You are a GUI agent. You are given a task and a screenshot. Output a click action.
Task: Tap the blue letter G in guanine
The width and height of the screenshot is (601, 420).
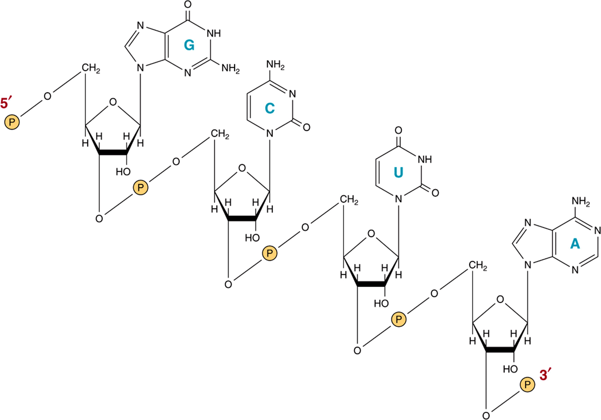189,45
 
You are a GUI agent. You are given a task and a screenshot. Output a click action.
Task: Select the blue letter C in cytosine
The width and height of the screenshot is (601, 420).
270,109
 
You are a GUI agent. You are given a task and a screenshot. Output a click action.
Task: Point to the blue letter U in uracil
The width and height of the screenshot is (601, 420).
398,172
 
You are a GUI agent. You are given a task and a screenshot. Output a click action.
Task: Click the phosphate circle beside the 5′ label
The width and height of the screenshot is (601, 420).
12,122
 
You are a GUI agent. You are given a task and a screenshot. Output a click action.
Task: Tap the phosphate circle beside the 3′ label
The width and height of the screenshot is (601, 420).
527,385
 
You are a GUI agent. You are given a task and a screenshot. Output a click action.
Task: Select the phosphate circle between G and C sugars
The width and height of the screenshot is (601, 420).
141,187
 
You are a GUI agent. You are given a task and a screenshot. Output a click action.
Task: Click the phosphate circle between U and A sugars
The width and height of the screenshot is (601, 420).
399,319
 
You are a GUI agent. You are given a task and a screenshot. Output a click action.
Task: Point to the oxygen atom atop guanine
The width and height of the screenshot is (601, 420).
188,4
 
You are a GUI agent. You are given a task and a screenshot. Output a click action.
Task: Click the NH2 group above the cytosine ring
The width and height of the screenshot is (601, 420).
275,65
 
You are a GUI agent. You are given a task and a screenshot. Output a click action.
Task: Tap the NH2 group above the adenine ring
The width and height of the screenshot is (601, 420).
581,201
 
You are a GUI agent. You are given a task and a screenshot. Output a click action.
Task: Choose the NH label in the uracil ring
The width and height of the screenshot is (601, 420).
425,160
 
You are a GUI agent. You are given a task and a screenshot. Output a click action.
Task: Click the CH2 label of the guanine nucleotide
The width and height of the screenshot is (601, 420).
91,68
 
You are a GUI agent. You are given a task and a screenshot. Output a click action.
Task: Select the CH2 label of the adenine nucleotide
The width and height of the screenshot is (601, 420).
478,266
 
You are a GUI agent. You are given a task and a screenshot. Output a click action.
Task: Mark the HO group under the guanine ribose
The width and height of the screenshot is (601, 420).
123,172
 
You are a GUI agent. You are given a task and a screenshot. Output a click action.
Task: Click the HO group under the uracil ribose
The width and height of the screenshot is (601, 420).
381,304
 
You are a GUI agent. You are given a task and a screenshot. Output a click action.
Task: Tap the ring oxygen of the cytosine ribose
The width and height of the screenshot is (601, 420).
242,168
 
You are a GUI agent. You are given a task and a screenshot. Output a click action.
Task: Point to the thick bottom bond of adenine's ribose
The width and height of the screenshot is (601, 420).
500,350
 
